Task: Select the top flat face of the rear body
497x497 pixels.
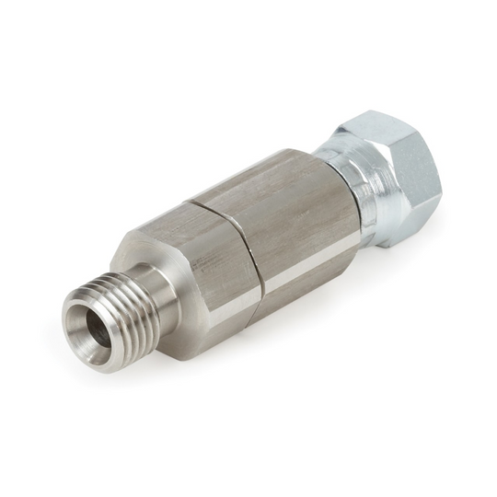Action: tap(276, 170)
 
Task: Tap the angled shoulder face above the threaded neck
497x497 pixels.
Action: tap(138, 248)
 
